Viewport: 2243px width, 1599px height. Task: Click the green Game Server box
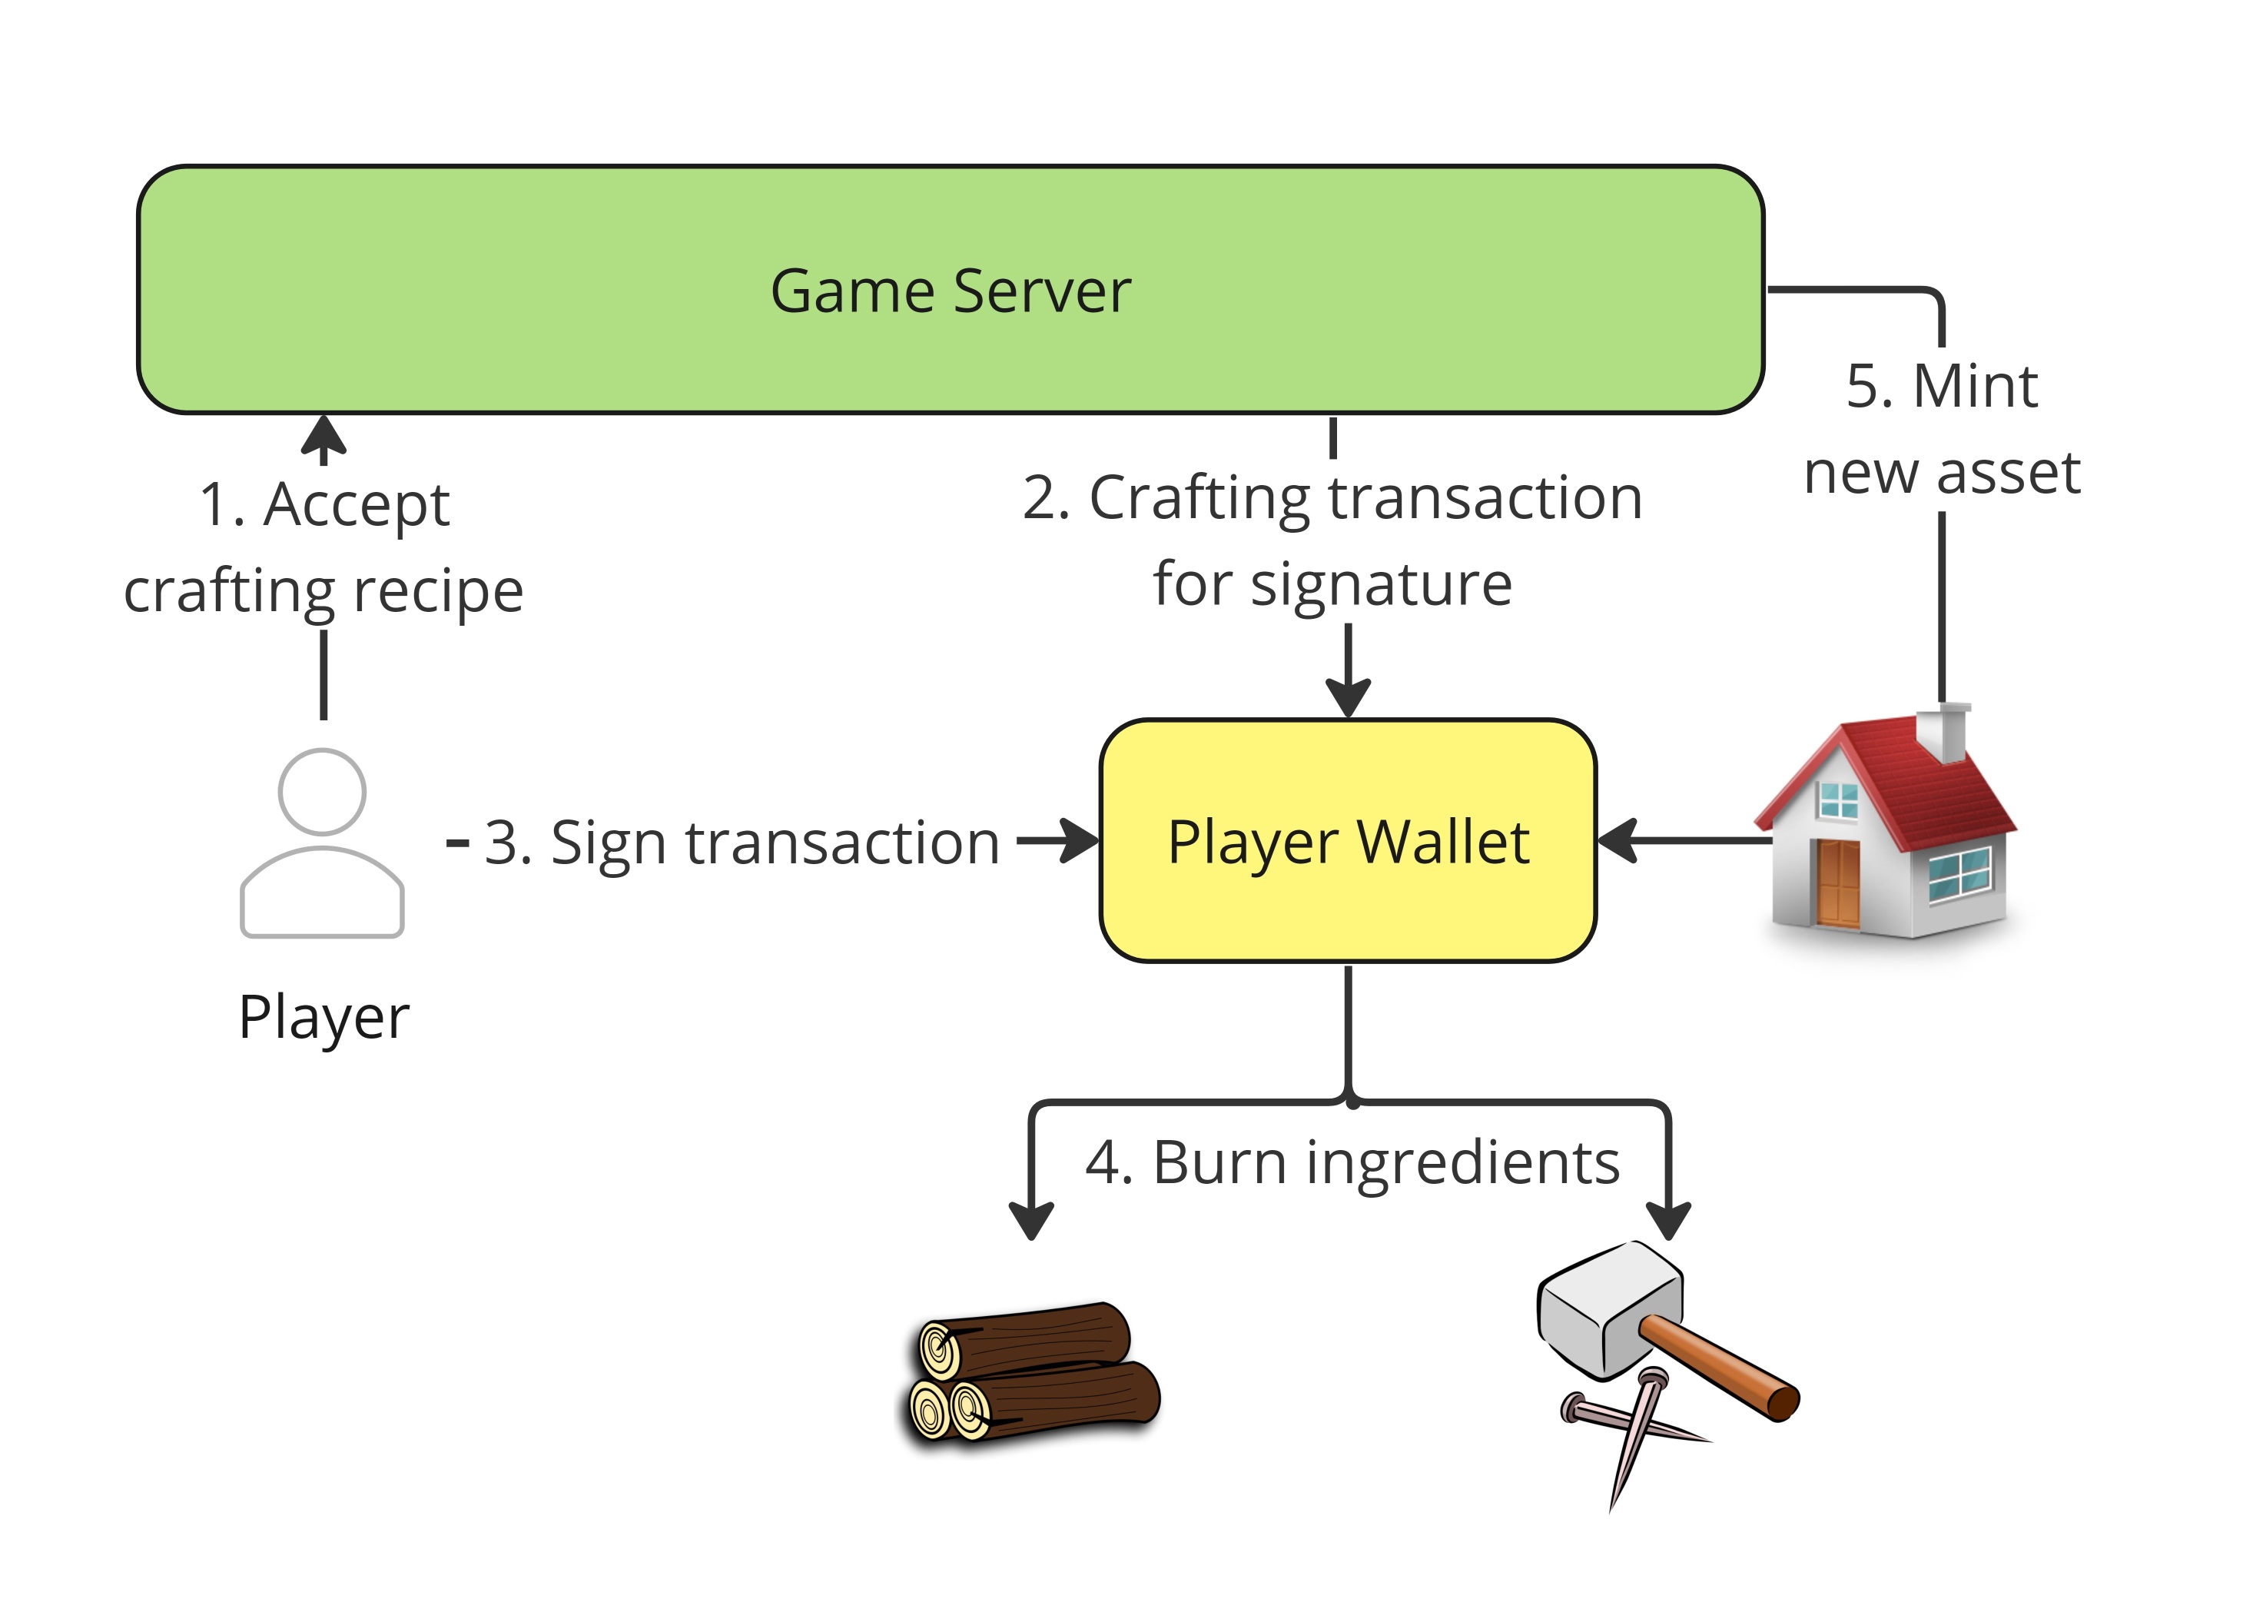click(x=950, y=290)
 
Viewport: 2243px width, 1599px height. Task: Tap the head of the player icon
click(x=322, y=792)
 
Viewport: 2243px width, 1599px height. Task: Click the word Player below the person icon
click(x=324, y=1016)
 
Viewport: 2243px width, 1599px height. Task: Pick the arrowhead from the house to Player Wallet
click(x=1616, y=841)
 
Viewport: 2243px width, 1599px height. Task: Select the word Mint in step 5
click(x=1974, y=385)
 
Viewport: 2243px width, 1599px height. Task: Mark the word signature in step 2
click(x=1381, y=584)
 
